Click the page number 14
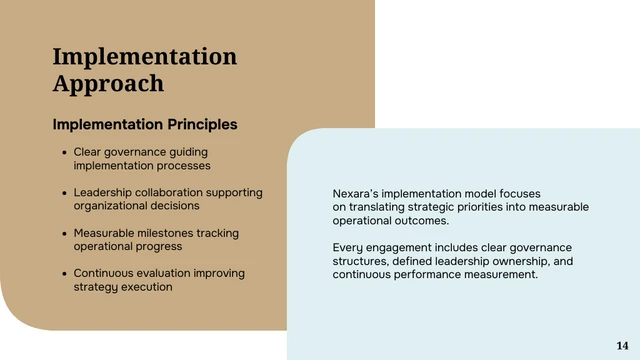tap(622, 345)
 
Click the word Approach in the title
tap(108, 83)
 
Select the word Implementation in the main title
tap(144, 56)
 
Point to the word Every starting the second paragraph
tap(349, 248)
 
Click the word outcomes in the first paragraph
tap(419, 221)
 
